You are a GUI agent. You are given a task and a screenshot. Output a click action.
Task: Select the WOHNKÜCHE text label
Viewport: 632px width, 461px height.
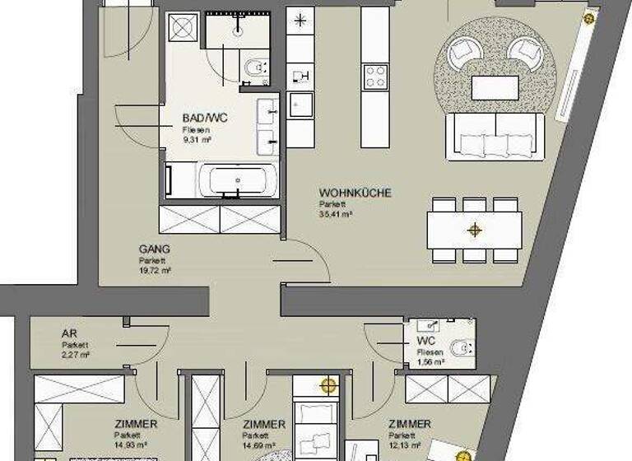tap(355, 193)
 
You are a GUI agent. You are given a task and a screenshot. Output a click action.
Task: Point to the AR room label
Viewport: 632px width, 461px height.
tap(70, 334)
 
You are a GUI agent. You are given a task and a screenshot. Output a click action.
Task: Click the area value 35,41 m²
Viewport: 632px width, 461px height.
tap(336, 214)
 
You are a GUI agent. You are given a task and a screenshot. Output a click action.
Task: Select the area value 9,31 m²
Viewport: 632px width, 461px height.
tap(197, 140)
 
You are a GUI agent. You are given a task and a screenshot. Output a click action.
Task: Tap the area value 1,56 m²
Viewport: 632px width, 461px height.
tap(430, 361)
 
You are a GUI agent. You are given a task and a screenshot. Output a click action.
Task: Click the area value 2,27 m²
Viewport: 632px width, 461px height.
tap(75, 355)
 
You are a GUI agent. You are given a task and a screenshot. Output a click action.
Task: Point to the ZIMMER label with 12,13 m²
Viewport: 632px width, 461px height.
tap(408, 424)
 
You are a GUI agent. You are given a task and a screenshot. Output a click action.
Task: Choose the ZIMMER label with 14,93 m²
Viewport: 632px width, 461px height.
tap(136, 424)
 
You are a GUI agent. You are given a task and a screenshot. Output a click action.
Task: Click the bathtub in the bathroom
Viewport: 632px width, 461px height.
tap(236, 179)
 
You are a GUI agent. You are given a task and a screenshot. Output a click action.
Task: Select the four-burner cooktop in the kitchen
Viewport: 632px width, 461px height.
tap(375, 77)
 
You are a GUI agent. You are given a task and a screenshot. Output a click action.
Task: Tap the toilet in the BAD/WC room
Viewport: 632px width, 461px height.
tap(255, 66)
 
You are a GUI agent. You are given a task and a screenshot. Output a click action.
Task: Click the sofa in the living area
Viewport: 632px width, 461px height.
tap(493, 137)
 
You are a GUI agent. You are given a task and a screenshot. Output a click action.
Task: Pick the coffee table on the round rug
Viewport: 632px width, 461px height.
tap(494, 86)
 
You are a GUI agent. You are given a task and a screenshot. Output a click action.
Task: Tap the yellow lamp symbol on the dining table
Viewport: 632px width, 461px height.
tap(474, 230)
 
